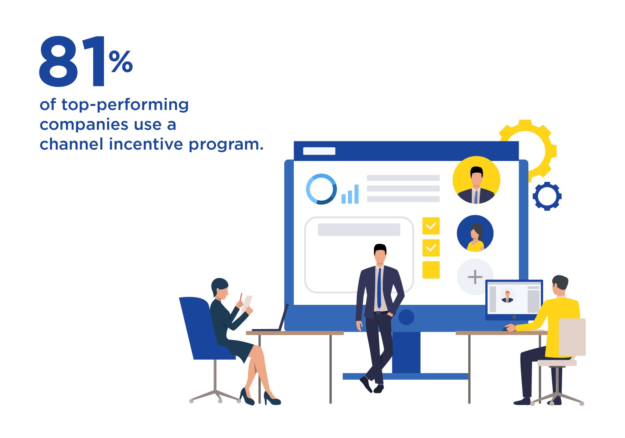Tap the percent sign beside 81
point(121,62)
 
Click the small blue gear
point(547,196)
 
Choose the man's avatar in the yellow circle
point(476,180)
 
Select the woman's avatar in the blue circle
point(475,233)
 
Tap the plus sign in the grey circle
point(475,277)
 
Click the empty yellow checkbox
point(431,270)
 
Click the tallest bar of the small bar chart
point(356,194)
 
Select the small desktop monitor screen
point(514,300)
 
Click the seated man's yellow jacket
point(555,324)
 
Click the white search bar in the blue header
point(319,151)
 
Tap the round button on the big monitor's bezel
point(406,317)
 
